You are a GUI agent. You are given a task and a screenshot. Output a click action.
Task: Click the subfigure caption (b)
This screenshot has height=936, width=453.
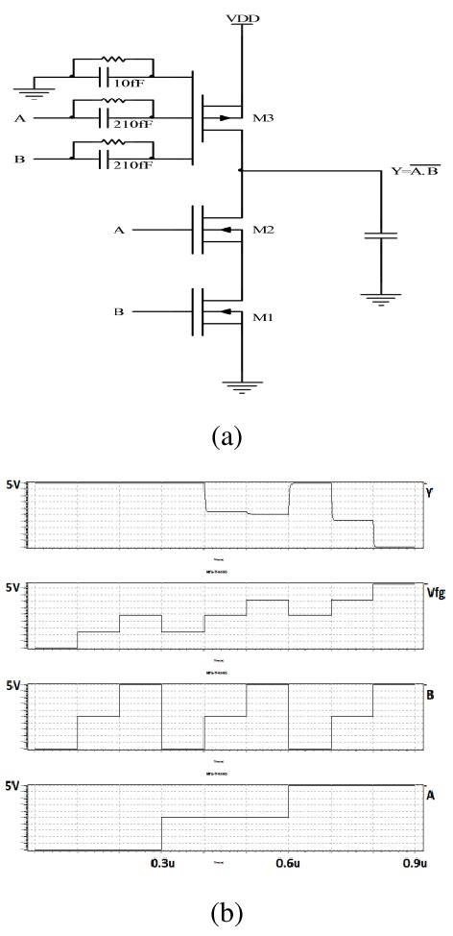pos(226,912)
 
